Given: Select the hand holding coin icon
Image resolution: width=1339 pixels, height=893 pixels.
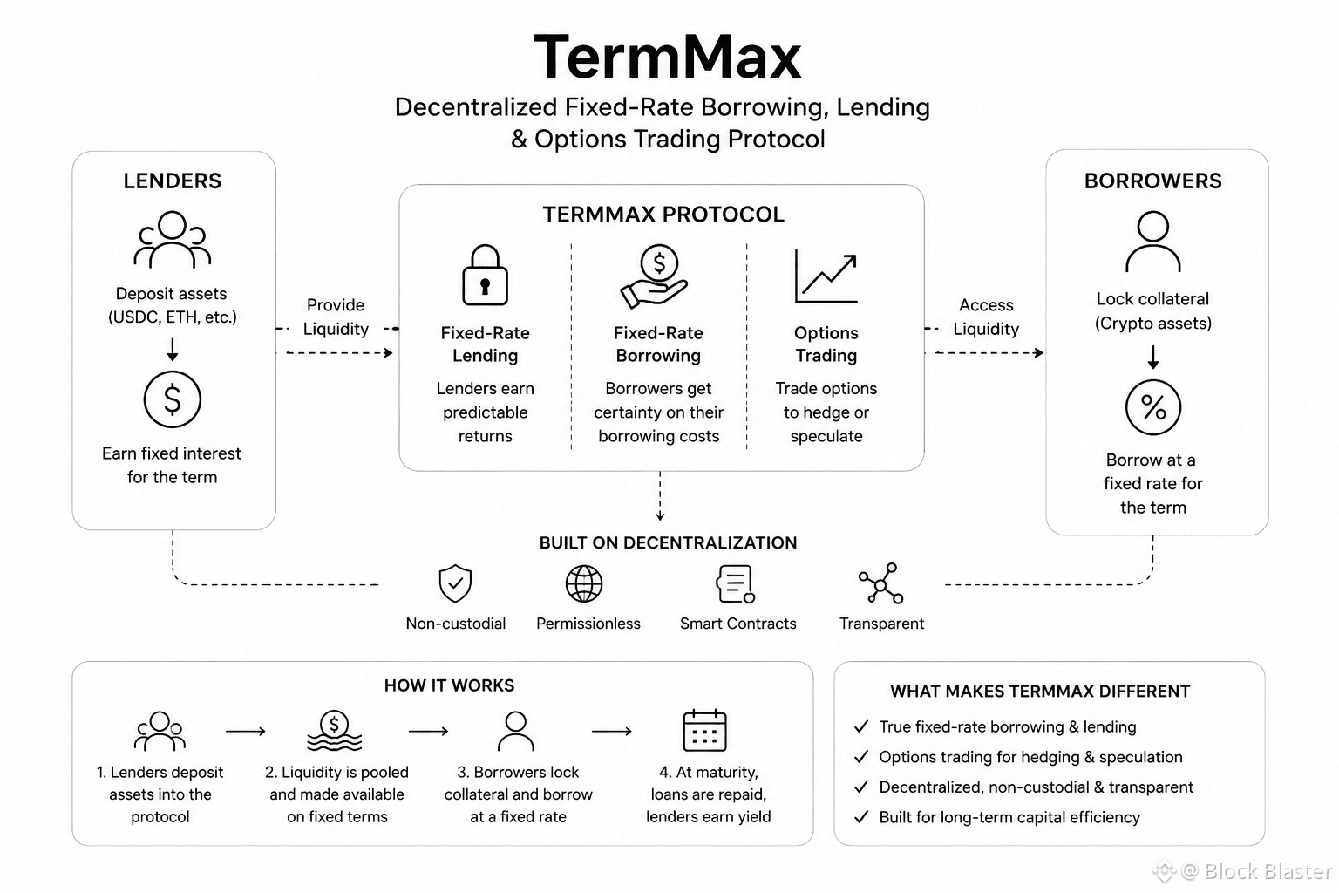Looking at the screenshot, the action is point(655,276).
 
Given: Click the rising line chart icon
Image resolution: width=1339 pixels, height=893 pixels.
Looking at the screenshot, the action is point(826,276).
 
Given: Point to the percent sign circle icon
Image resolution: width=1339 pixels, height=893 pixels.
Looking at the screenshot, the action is point(1153,407).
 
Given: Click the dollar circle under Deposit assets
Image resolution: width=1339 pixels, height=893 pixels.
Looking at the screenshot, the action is point(172,399).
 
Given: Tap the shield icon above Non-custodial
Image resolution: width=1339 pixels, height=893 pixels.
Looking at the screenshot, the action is point(456,583).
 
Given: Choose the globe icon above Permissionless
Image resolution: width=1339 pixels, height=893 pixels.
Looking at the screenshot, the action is point(584,583).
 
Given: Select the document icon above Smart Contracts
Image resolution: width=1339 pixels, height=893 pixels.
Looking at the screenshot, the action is point(735,583).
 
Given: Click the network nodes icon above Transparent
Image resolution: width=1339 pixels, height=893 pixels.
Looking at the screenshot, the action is point(881,583).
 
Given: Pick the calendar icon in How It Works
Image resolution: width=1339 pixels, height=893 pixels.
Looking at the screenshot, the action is point(704,730).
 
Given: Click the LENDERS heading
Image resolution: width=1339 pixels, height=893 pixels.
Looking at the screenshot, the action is point(172,181).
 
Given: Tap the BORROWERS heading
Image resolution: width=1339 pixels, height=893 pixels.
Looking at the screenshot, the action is point(1153,181).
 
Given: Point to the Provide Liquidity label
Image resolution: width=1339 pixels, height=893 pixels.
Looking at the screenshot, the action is point(336,317).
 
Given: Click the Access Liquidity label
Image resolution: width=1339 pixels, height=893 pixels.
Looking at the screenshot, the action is point(986,317).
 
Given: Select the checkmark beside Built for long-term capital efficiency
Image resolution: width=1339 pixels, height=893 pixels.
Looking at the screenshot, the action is point(861,817).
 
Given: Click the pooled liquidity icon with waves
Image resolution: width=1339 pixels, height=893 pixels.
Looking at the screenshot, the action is point(334,730).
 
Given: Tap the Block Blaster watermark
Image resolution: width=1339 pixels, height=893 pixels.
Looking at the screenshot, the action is point(1243,871).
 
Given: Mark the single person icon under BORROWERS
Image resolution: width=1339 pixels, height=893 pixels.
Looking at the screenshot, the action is point(1153,241).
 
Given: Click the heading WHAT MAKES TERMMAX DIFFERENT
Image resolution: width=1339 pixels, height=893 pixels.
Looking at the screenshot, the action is point(1040,692).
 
